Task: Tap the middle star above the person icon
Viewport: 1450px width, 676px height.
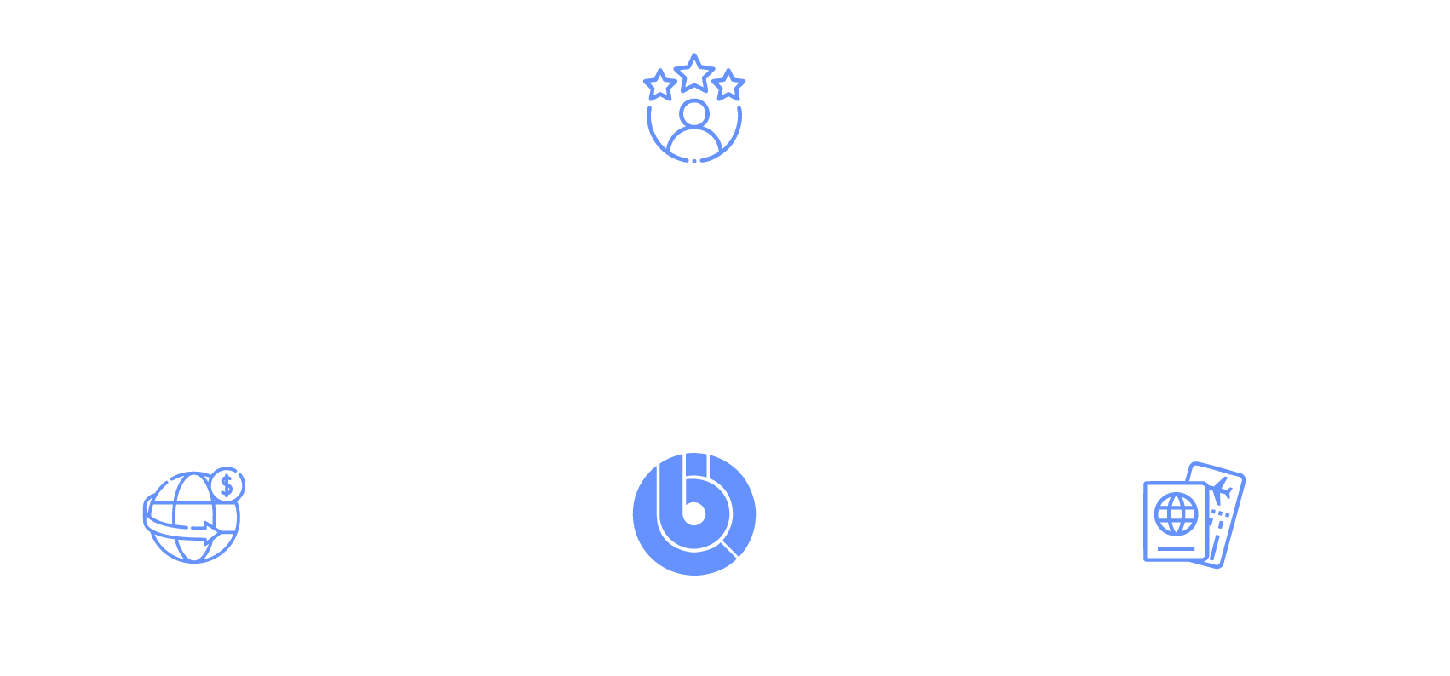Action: tap(694, 73)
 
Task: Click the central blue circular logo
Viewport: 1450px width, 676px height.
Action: tap(694, 513)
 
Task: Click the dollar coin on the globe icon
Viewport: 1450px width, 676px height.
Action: tap(227, 485)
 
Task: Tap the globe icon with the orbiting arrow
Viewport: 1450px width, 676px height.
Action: tap(189, 519)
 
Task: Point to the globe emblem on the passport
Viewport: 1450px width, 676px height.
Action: tap(1176, 514)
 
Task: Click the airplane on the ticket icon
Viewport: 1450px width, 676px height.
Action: tap(1221, 490)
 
